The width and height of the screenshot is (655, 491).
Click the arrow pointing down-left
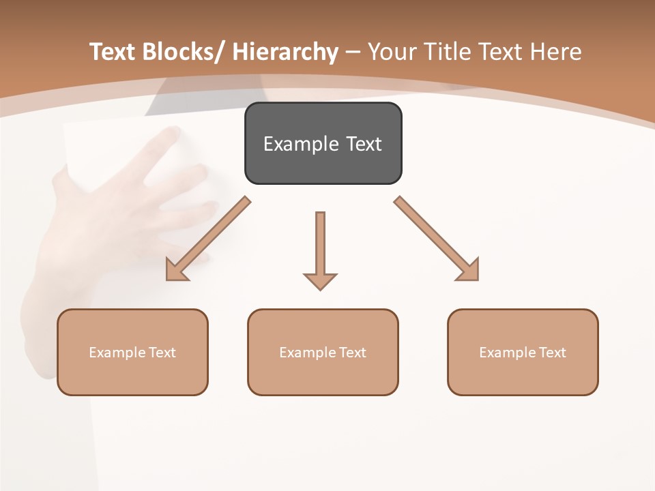(208, 239)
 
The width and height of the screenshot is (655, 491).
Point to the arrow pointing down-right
(435, 238)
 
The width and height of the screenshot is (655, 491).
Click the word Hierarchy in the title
(285, 52)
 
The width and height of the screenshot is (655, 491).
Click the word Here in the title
(556, 52)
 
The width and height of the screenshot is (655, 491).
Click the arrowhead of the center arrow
(320, 280)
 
